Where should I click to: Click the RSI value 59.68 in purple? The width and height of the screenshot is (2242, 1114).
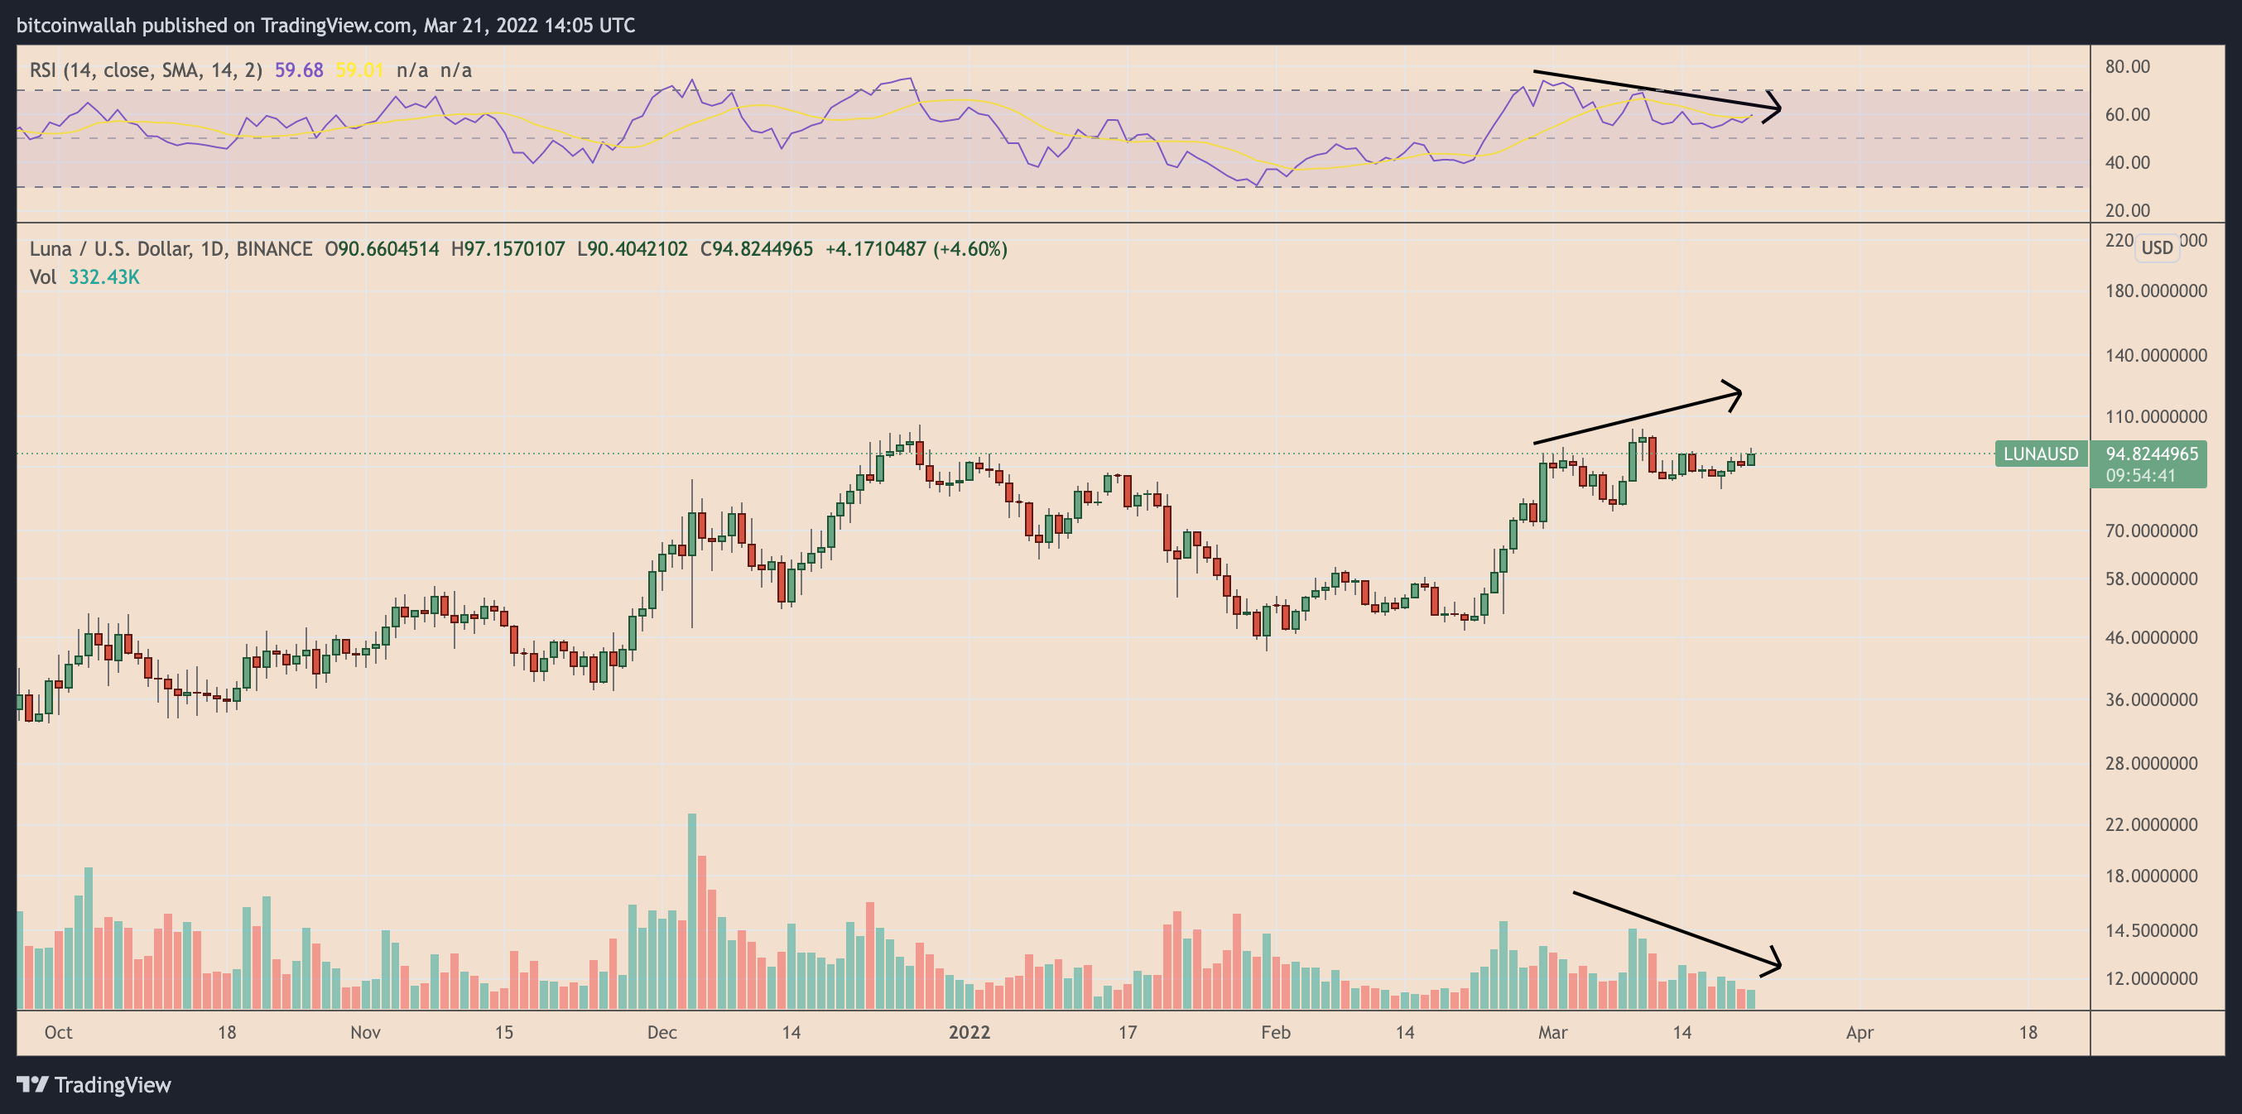click(299, 70)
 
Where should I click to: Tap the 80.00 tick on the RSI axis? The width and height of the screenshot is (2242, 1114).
click(2127, 67)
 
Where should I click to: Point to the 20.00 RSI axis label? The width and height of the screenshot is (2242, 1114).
click(2127, 210)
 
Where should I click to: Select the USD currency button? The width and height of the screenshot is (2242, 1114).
click(2157, 247)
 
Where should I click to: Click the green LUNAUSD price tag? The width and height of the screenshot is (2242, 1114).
click(2040, 454)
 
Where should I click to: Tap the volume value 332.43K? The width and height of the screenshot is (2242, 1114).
click(103, 276)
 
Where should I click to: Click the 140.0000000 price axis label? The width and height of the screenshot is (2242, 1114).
click(2155, 355)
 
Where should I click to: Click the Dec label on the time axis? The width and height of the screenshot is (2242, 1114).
click(662, 1032)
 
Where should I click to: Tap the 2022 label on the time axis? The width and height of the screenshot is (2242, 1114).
click(969, 1032)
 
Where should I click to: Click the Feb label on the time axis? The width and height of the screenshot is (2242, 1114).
click(1275, 1032)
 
